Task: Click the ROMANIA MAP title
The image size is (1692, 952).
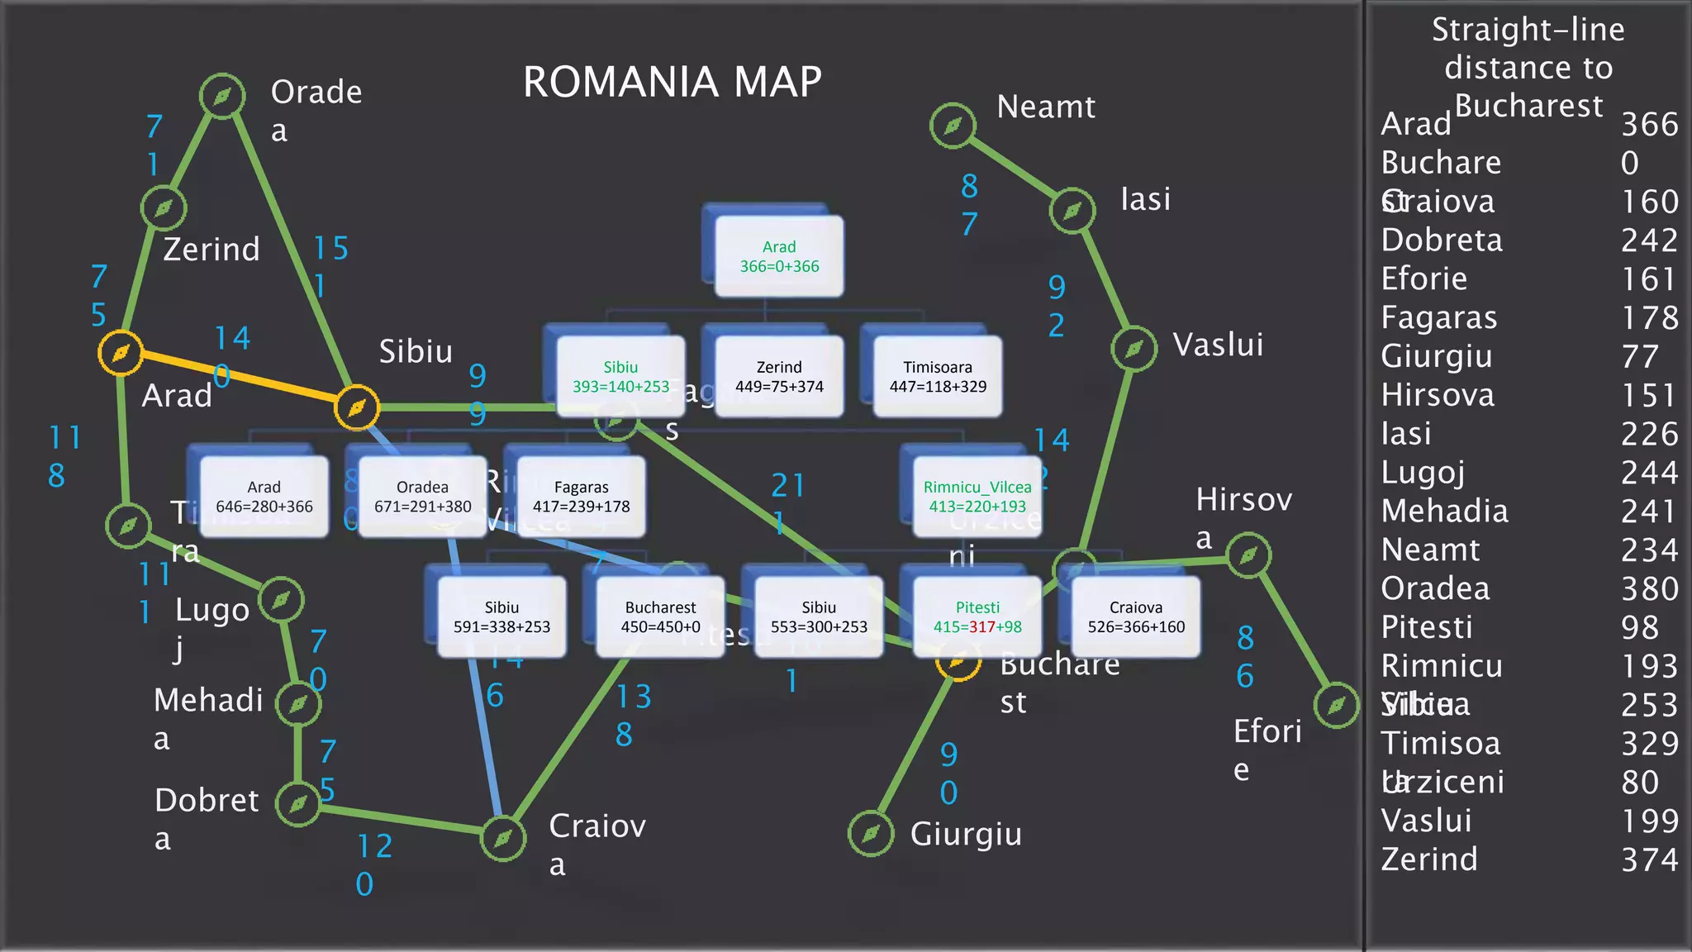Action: coord(672,82)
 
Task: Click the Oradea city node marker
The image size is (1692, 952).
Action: coord(222,96)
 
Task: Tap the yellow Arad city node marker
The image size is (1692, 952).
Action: coord(121,353)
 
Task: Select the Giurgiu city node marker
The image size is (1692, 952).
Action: coord(871,833)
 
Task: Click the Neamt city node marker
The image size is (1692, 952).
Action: coord(953,126)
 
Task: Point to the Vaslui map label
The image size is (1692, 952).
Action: coord(1218,345)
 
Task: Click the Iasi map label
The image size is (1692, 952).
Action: coord(1145,199)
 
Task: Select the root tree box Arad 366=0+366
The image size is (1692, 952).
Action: coord(779,256)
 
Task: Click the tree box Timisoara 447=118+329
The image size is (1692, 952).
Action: coord(938,377)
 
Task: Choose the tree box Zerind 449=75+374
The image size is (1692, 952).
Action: coord(779,377)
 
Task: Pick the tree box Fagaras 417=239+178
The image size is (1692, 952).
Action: coord(581,497)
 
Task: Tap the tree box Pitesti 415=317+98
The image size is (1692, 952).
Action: coord(977,617)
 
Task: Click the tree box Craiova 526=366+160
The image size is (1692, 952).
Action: coord(1136,617)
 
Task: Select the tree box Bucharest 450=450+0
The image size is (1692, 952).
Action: coord(660,617)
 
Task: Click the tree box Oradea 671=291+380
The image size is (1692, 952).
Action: coord(422,497)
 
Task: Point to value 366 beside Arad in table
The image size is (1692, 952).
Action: coord(1649,125)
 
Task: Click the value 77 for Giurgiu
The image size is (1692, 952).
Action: coord(1639,357)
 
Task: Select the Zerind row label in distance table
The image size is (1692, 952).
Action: coord(1429,859)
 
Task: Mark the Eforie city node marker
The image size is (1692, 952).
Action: coord(1336,705)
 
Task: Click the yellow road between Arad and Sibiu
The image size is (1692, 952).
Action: coord(240,380)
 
